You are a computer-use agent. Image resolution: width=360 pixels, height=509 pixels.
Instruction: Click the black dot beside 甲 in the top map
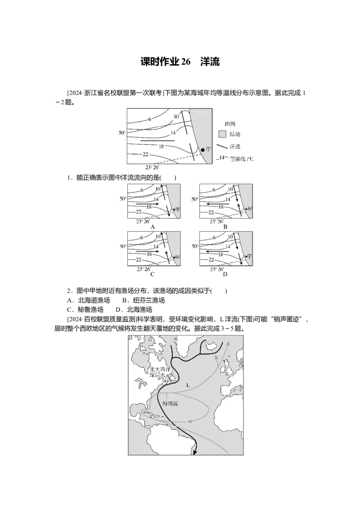pyautogui.click(x=202, y=150)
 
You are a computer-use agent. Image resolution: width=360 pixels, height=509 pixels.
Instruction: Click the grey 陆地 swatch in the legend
pyautogui.click(x=222, y=134)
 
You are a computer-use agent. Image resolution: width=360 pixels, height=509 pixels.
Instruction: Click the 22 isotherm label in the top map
pyautogui.click(x=145, y=155)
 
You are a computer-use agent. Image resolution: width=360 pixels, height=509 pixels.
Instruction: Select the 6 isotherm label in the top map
pyautogui.click(x=149, y=119)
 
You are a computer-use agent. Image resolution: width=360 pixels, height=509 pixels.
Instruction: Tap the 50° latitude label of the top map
pyautogui.click(x=121, y=133)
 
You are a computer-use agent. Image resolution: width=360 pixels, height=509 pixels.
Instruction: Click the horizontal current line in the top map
pyautogui.click(x=157, y=141)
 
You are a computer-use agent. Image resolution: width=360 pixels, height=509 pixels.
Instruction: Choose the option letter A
pyautogui.click(x=153, y=227)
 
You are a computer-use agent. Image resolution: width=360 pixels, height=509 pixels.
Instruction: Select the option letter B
pyautogui.click(x=225, y=227)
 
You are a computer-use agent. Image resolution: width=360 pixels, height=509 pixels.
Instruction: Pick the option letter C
pyautogui.click(x=153, y=274)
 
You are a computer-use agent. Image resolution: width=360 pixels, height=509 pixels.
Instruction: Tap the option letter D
pyautogui.click(x=225, y=274)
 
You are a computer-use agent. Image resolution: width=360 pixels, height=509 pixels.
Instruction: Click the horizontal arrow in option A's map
pyautogui.click(x=147, y=204)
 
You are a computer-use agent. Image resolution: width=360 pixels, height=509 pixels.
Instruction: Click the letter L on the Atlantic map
pyautogui.click(x=188, y=385)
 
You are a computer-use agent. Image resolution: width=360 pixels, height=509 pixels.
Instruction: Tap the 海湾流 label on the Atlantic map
pyautogui.click(x=170, y=404)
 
